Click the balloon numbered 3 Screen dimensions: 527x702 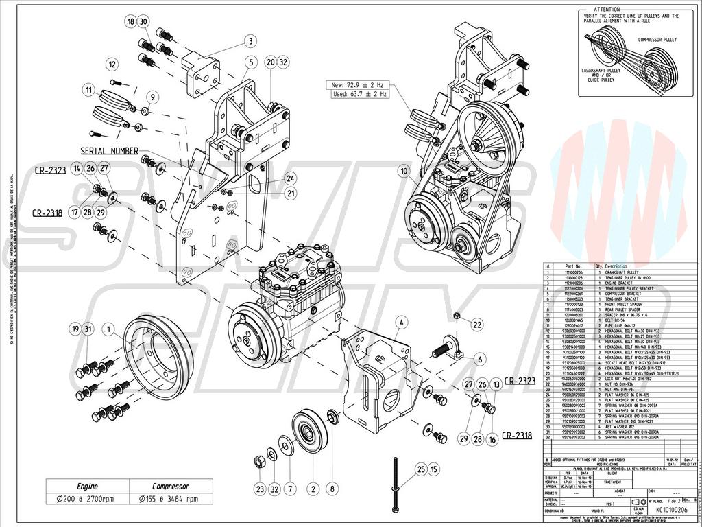point(252,41)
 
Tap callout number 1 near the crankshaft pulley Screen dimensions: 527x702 point(108,329)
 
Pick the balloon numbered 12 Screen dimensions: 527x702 point(112,65)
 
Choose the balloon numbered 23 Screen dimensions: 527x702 point(259,489)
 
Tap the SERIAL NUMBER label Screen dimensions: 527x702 point(110,151)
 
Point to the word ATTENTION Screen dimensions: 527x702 point(607,9)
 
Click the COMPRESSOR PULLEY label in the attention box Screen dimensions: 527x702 point(657,40)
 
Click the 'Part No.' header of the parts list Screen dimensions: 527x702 point(573,266)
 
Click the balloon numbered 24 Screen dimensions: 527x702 point(291,178)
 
